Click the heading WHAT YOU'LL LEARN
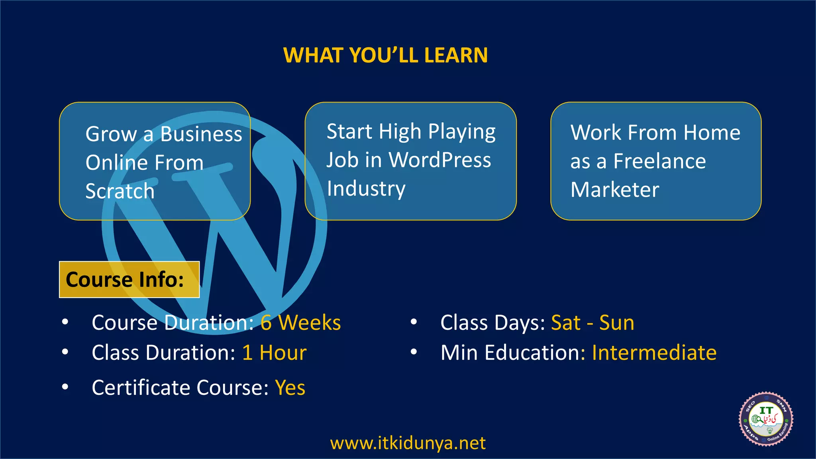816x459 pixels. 385,55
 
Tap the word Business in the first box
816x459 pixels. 201,134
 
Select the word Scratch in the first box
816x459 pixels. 120,191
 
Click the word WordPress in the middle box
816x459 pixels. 440,160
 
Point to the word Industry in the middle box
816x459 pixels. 366,188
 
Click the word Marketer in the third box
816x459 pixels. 615,190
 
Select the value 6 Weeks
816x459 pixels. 301,322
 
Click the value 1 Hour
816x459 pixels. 275,353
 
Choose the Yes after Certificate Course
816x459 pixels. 290,387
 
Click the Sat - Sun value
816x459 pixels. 592,322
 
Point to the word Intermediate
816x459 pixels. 654,353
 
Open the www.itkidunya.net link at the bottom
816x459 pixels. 408,443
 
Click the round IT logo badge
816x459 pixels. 766,419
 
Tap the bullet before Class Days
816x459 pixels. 414,322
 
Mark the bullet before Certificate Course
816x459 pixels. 65,386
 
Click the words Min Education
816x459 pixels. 510,353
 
